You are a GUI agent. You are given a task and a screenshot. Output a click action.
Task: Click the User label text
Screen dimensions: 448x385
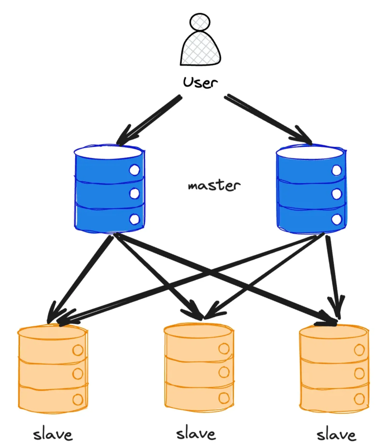tap(200, 82)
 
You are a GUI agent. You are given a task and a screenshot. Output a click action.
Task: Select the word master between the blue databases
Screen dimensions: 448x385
tap(214, 185)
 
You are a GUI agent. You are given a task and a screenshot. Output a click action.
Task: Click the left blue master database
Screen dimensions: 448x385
tap(109, 189)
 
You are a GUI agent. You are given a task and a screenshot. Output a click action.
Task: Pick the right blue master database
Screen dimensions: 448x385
tap(311, 189)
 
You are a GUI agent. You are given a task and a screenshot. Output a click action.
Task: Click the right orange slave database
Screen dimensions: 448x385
tap(334, 369)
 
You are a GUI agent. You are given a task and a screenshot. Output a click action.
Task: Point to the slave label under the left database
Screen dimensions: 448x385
tap(53, 434)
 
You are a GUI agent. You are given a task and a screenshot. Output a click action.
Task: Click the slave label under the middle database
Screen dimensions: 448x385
tap(196, 433)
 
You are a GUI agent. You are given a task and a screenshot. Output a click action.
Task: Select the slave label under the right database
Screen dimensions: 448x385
tap(336, 434)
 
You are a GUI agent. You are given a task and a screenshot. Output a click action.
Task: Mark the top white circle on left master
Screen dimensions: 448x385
tap(134, 170)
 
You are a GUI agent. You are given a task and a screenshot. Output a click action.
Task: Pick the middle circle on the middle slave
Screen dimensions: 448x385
tap(224, 372)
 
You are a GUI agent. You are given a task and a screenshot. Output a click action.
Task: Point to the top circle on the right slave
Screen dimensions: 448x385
tap(359, 350)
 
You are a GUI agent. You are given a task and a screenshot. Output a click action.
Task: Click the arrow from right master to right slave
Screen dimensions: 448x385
tap(333, 274)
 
